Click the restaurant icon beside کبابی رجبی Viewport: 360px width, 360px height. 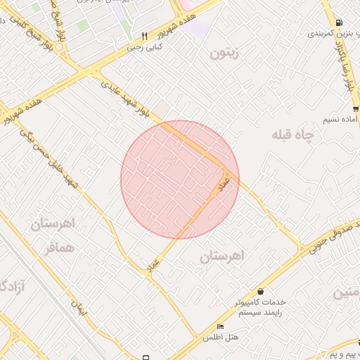point(144,36)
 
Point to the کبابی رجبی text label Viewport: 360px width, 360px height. point(143,48)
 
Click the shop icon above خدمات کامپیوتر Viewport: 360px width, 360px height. point(261,291)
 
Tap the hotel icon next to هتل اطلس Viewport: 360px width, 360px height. point(220,327)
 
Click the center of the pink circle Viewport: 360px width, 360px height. point(180,179)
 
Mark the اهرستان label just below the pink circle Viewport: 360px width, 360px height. point(220,257)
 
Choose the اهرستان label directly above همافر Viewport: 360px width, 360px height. point(53,225)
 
